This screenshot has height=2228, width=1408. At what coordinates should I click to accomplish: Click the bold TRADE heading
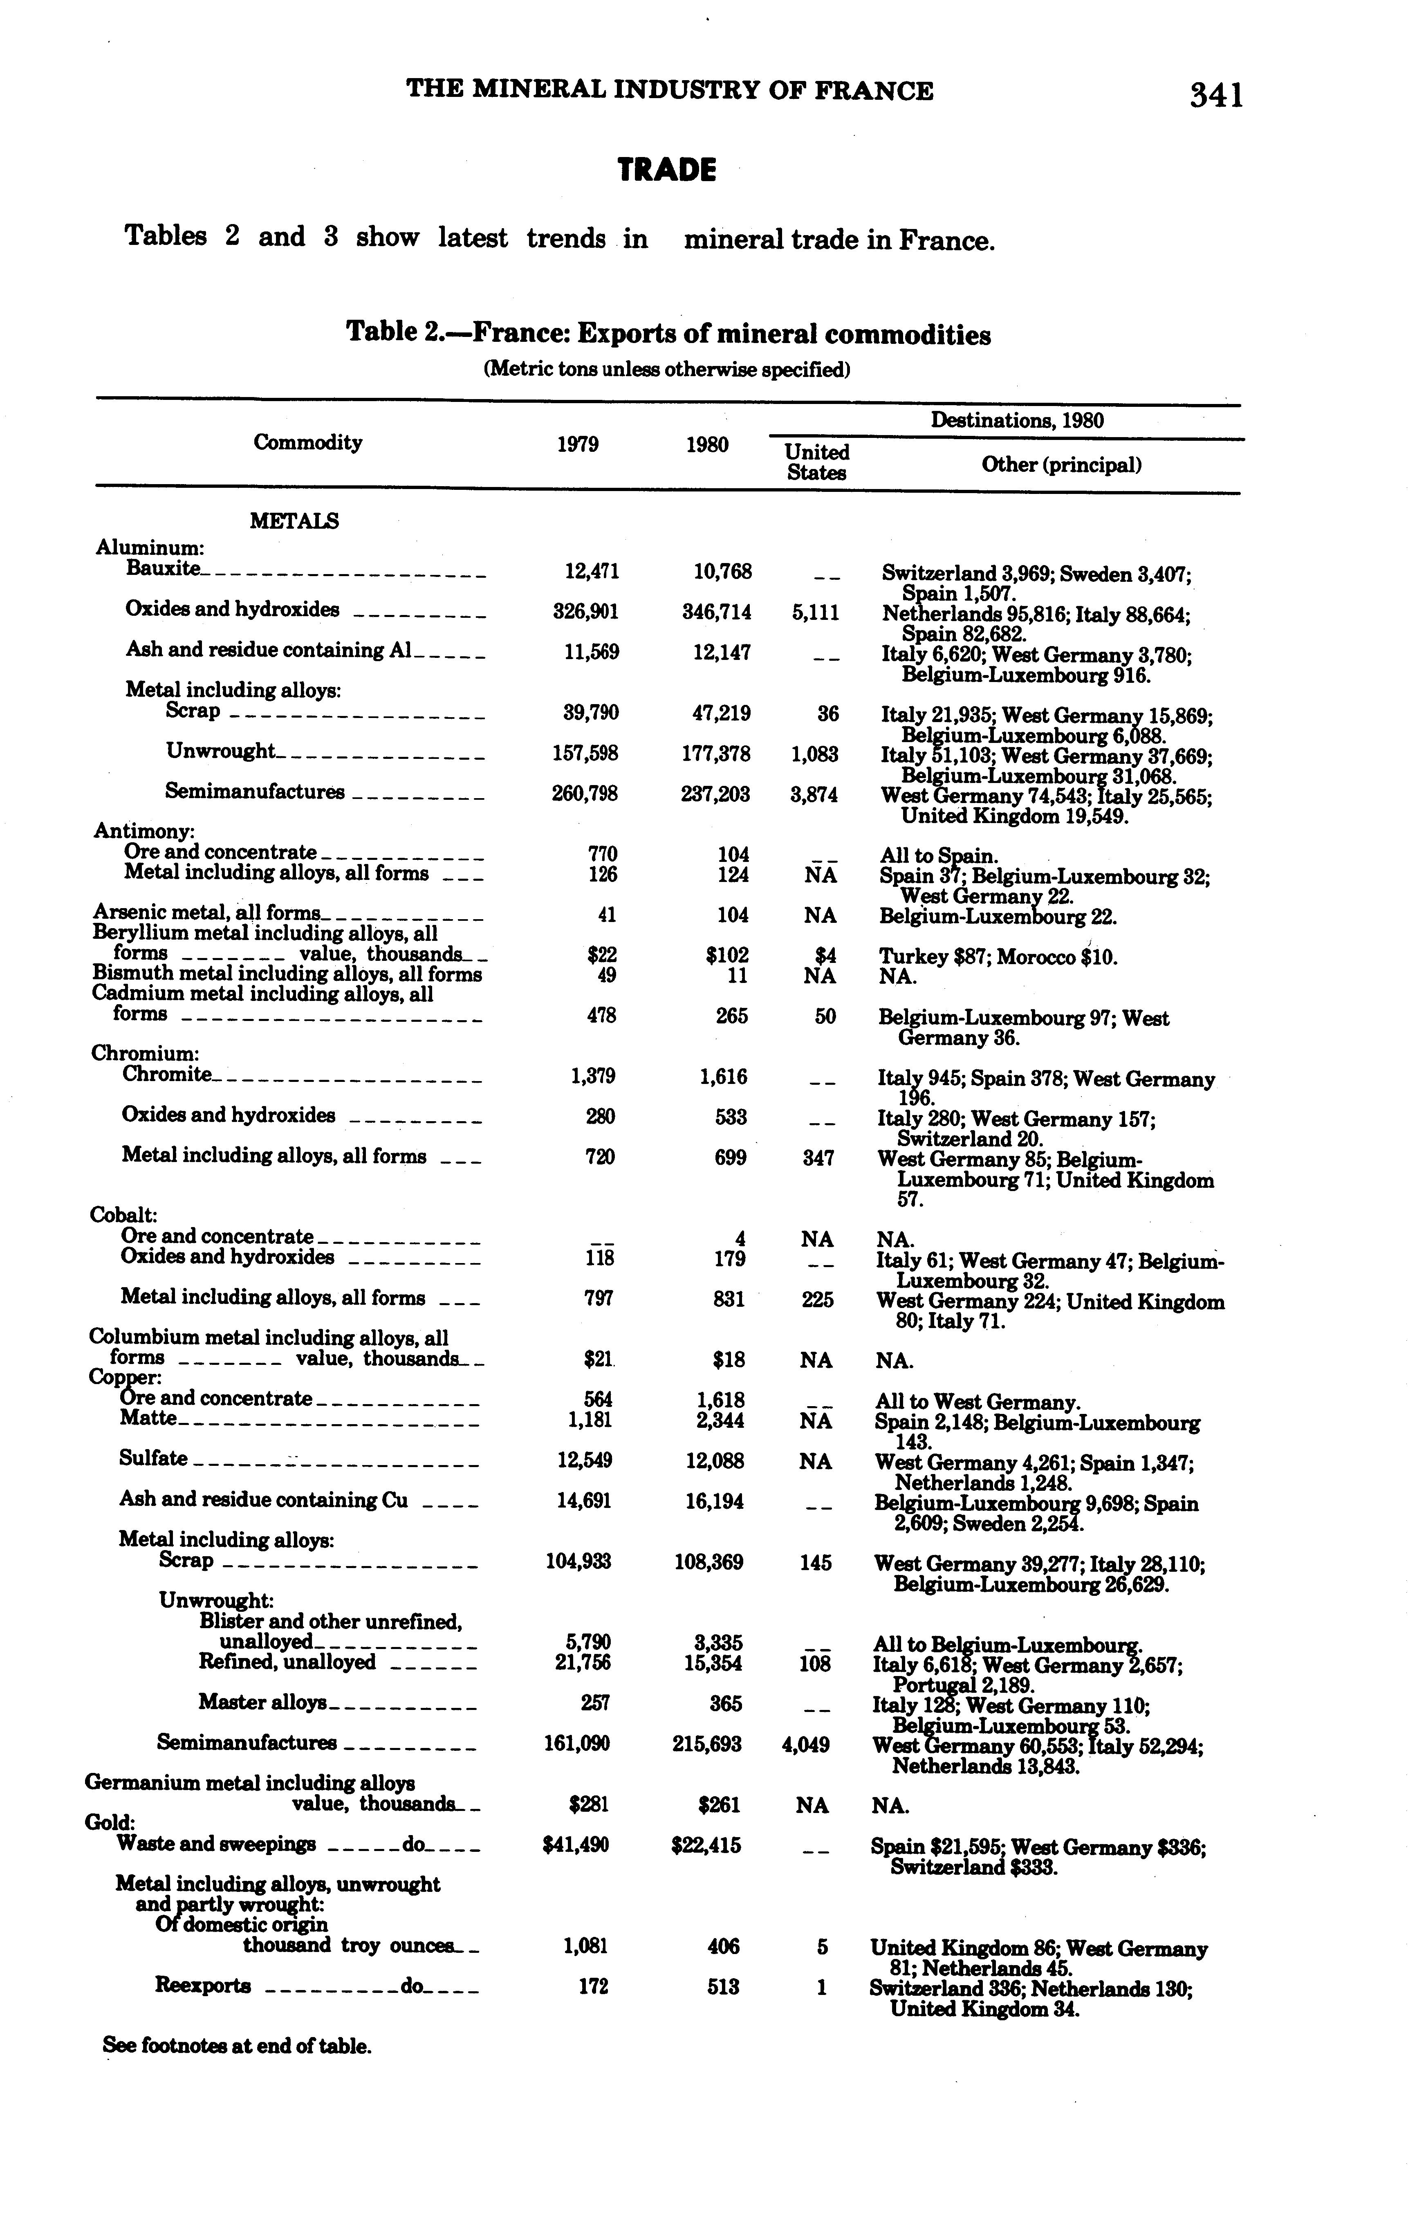667,170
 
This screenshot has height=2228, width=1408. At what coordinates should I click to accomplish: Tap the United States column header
816,462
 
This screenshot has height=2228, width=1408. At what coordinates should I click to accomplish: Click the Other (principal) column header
1061,464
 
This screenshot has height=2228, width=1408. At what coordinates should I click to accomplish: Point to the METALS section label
294,521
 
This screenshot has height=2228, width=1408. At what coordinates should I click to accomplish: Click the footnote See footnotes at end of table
237,2046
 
